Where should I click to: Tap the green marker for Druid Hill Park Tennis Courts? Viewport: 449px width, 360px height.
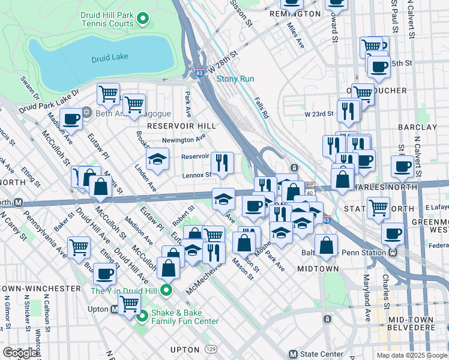143,19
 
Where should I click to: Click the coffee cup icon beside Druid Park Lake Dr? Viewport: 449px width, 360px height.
71,119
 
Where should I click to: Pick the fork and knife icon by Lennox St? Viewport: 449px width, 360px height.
222,162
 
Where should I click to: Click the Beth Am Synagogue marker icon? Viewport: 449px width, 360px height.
87,112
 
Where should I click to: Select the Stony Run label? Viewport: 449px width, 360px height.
235,79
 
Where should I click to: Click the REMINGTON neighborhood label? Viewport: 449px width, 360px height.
295,13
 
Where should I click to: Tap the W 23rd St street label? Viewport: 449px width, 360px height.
318,113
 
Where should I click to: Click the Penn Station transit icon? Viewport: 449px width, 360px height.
393,253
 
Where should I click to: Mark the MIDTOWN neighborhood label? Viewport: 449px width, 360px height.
318,269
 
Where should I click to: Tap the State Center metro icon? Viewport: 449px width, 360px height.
293,354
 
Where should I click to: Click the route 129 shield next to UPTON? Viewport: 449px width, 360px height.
210,349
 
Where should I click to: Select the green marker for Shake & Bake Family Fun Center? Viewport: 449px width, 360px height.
143,316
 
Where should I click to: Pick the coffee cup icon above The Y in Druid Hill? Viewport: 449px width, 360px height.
104,274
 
